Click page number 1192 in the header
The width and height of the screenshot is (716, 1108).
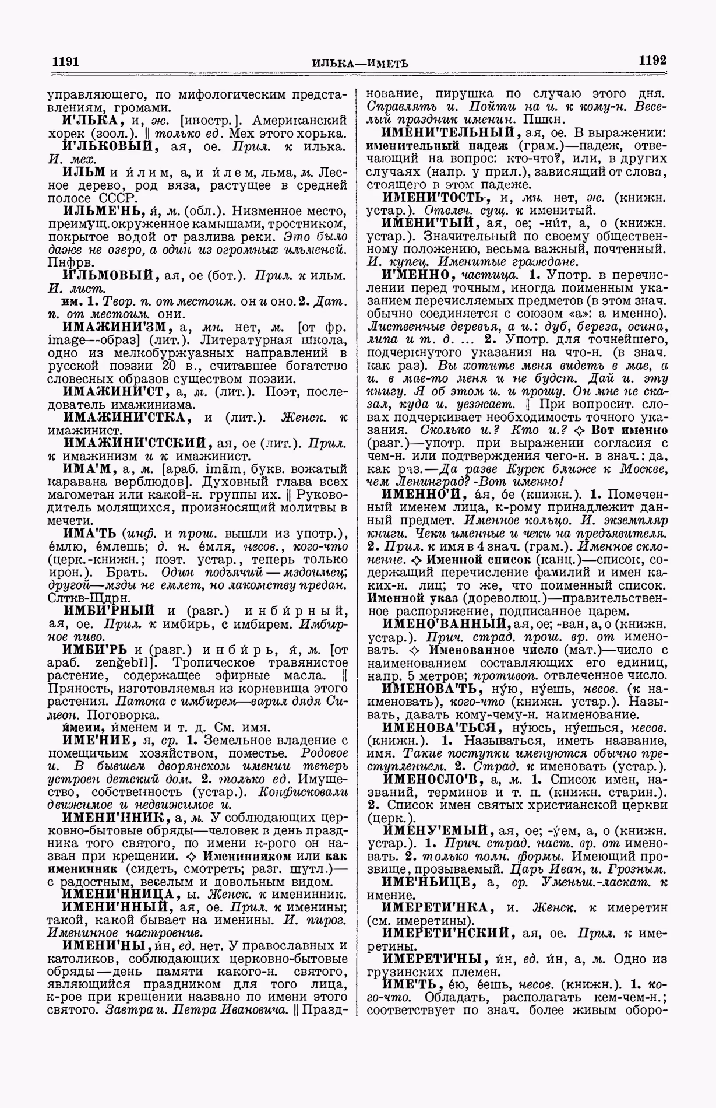(x=652, y=61)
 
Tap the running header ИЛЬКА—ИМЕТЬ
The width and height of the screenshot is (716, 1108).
(x=359, y=63)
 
